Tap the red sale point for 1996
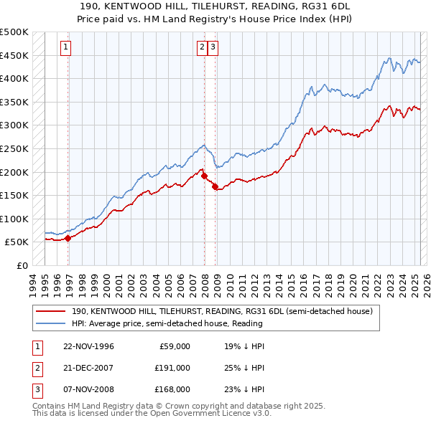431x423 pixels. pyautogui.click(x=68, y=238)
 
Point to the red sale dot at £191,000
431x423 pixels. pyautogui.click(x=204, y=176)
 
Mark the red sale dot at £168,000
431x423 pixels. pyautogui.click(x=215, y=186)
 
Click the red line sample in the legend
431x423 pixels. pyautogui.click(x=51, y=312)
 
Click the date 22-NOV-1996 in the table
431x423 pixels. pyautogui.click(x=88, y=346)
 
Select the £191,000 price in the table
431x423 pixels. pyautogui.click(x=172, y=367)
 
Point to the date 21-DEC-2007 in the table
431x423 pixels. pyautogui.click(x=88, y=367)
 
